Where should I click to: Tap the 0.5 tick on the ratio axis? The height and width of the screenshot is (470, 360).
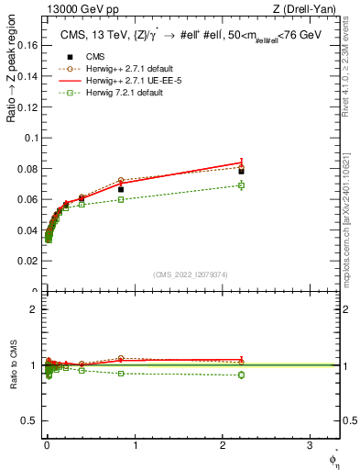pyautogui.click(x=28, y=421)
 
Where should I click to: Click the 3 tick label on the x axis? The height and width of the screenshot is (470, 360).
pyautogui.click(x=310, y=446)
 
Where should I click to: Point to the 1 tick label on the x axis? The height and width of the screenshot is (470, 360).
pyautogui.click(x=135, y=446)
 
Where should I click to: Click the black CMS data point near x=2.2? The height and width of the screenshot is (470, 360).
pyautogui.click(x=241, y=171)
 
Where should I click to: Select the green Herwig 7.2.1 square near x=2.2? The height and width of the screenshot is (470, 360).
pyautogui.click(x=241, y=185)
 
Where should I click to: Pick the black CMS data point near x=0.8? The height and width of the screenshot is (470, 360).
pyautogui.click(x=120, y=189)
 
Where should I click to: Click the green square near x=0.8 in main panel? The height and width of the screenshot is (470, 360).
pyautogui.click(x=120, y=199)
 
